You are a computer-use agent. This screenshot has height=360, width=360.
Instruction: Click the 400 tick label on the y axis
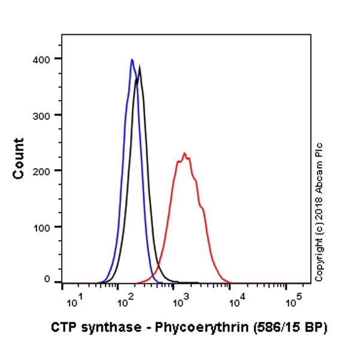(41, 58)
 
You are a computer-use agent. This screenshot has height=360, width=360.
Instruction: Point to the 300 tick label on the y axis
(41, 115)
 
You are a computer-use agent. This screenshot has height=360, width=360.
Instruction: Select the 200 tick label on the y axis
(41, 170)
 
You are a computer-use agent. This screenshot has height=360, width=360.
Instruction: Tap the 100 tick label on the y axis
(41, 227)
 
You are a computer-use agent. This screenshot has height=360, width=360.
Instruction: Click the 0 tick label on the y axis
(47, 279)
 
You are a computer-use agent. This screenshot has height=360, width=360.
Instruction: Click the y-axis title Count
(19, 158)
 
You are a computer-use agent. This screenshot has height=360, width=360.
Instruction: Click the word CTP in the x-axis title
(62, 328)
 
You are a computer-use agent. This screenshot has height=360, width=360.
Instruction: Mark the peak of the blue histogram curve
(131, 59)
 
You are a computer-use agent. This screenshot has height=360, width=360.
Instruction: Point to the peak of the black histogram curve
(140, 67)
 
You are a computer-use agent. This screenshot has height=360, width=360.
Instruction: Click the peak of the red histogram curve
(184, 153)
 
